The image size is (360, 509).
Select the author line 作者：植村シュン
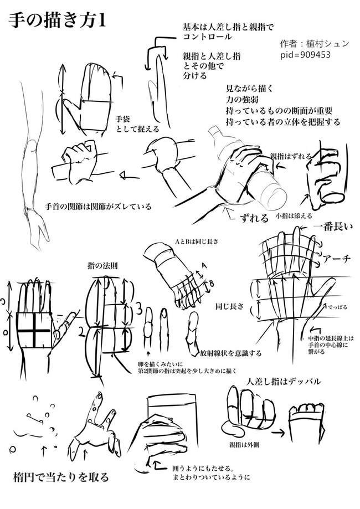tap(314, 43)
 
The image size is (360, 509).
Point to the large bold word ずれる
tap(255, 215)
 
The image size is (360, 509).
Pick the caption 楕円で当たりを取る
tap(60, 476)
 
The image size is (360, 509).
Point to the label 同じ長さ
tap(229, 306)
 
